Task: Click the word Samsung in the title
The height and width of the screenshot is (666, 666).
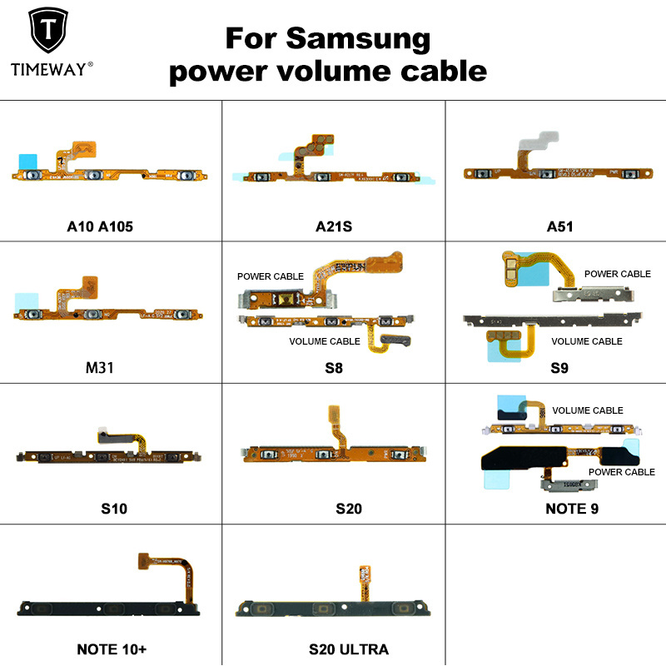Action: [x=359, y=38]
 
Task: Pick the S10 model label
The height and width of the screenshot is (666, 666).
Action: [x=111, y=509]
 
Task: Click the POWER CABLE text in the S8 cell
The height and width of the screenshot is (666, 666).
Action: [x=271, y=276]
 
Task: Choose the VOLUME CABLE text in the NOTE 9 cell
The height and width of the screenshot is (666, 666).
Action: [x=588, y=410]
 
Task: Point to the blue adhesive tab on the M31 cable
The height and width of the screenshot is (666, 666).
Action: [x=27, y=298]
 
